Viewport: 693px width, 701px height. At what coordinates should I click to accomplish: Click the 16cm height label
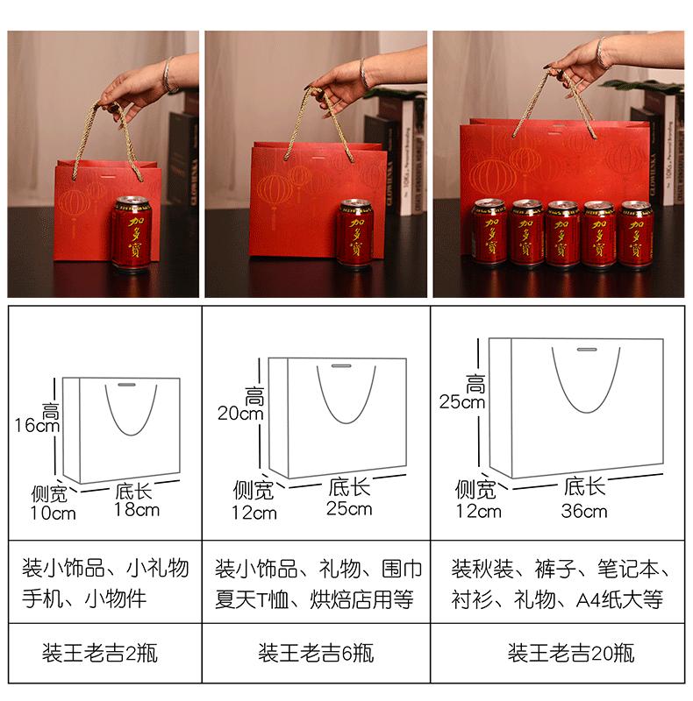click(37, 425)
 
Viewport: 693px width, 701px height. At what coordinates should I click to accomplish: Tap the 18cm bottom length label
click(137, 510)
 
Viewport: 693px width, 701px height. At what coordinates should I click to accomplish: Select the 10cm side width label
click(53, 513)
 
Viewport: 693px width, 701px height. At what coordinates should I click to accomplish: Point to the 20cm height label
click(240, 413)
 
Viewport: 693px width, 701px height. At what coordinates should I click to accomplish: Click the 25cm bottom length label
click(349, 509)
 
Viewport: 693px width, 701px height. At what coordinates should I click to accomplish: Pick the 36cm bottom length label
click(584, 511)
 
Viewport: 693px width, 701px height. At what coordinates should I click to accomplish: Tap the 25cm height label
click(462, 401)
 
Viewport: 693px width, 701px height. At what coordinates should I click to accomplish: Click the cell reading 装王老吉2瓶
click(100, 653)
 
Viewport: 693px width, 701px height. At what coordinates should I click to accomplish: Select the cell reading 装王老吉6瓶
click(316, 653)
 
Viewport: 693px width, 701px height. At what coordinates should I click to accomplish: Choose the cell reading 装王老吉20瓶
click(571, 653)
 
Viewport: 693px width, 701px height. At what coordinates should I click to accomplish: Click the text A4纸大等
click(619, 599)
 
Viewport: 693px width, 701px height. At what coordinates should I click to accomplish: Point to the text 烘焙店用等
click(361, 599)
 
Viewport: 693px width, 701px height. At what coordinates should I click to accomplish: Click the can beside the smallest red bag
click(132, 233)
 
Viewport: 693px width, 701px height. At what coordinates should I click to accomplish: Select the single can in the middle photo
click(355, 233)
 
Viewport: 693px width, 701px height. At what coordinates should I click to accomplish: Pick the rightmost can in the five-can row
click(635, 235)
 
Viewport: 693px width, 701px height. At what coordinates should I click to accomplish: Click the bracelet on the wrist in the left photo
click(168, 74)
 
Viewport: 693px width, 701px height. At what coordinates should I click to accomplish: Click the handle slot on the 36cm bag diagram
click(587, 349)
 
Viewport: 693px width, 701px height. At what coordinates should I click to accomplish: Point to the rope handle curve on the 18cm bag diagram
click(132, 434)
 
